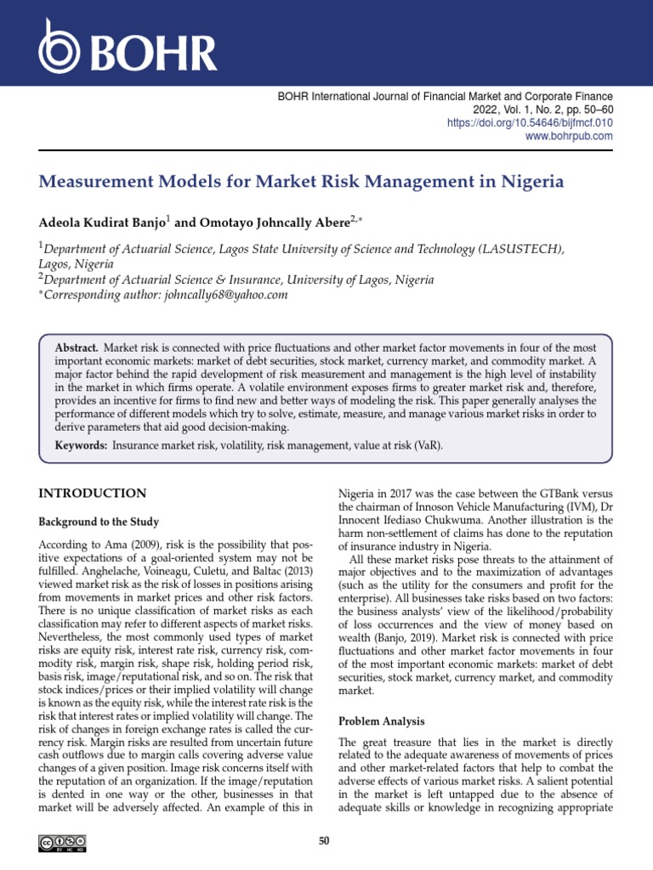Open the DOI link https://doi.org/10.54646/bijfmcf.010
530,123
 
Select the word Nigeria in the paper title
532,182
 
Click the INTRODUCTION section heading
93,494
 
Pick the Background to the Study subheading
99,522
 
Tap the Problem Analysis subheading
382,721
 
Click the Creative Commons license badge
60,843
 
